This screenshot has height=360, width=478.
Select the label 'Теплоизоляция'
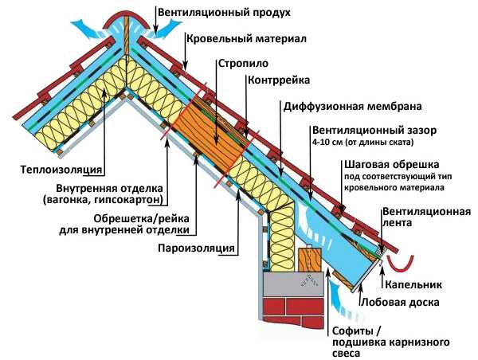61,170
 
